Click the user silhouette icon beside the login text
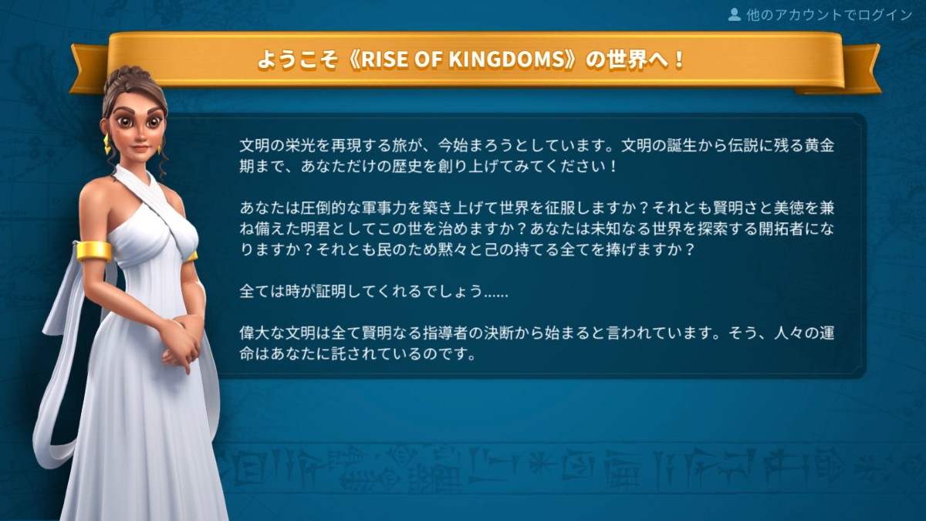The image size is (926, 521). [x=734, y=15]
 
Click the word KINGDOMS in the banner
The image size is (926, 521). [x=506, y=60]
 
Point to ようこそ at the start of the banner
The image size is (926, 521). [x=297, y=60]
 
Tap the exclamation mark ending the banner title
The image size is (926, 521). [x=678, y=60]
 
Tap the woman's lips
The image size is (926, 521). [x=140, y=148]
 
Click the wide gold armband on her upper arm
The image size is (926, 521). [x=94, y=251]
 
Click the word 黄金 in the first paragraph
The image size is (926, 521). [x=820, y=146]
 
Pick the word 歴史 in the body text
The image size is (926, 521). [x=407, y=167]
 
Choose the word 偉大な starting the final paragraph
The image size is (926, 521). [x=262, y=333]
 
